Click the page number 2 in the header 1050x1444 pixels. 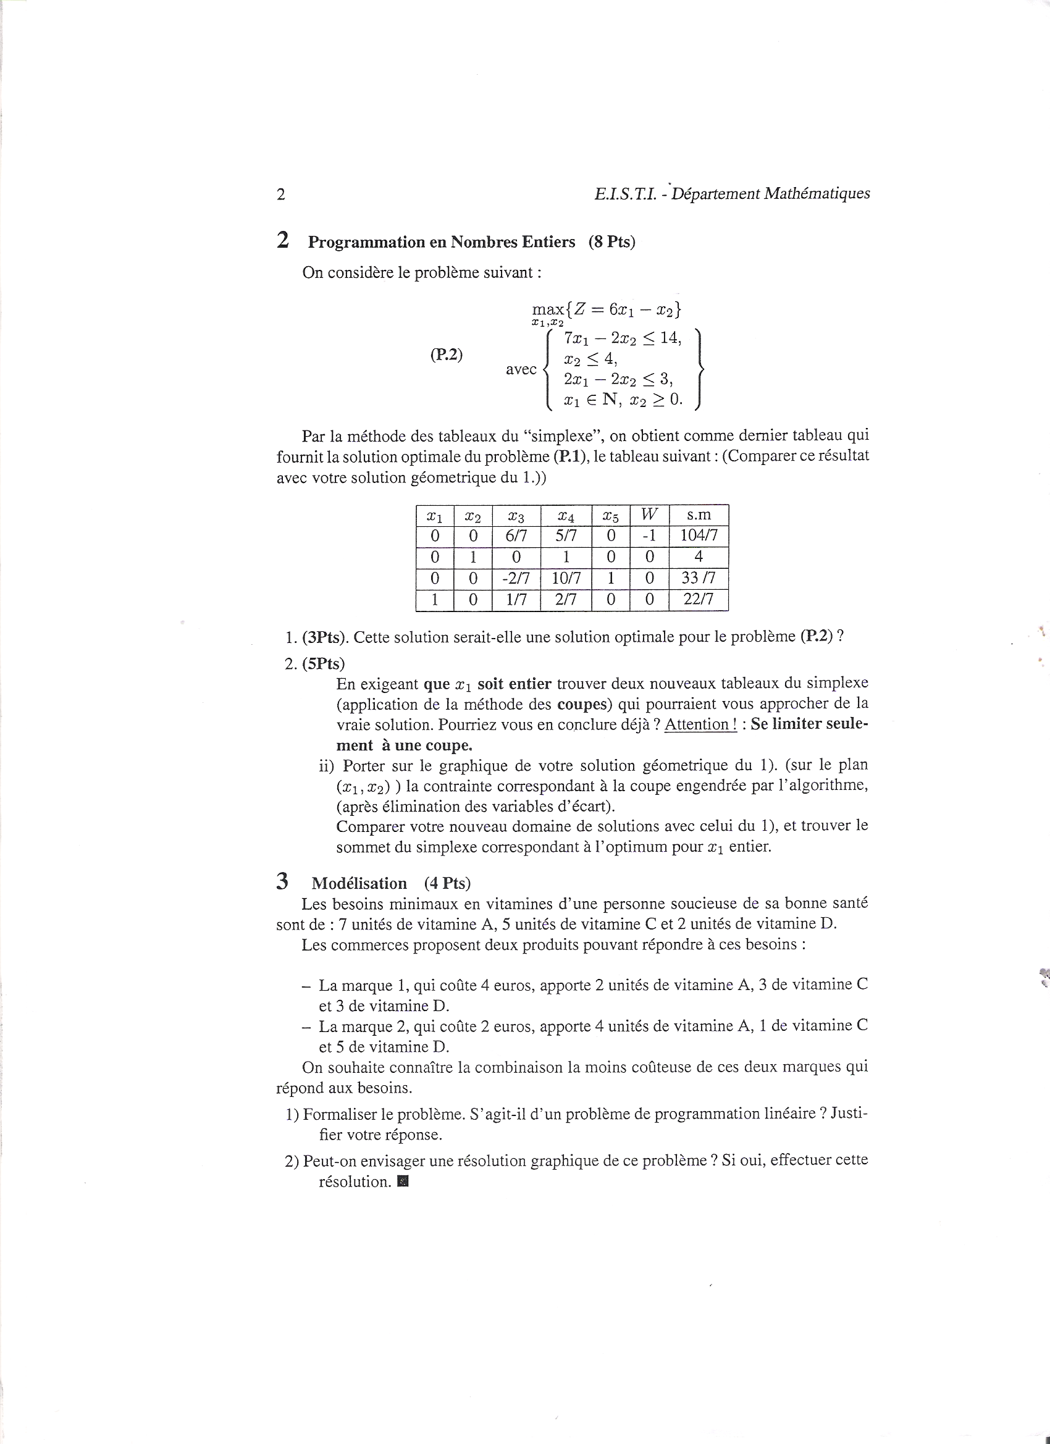281,195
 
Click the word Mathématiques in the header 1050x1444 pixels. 817,193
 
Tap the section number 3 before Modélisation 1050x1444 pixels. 282,882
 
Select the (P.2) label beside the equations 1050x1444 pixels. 447,355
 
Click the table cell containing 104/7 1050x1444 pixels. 699,535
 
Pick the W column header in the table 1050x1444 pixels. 649,514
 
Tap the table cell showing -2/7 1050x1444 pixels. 516,579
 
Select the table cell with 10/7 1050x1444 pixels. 566,579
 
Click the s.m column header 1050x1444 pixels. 699,514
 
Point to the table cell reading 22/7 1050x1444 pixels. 699,600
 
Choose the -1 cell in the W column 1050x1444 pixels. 649,535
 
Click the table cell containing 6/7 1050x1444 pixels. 516,535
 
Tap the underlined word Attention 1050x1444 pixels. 700,724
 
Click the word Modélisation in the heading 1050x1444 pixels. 359,883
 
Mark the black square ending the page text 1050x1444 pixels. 402,1182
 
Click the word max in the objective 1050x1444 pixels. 547,310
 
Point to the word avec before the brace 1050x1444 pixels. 521,369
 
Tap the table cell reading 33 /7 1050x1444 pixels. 699,579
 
